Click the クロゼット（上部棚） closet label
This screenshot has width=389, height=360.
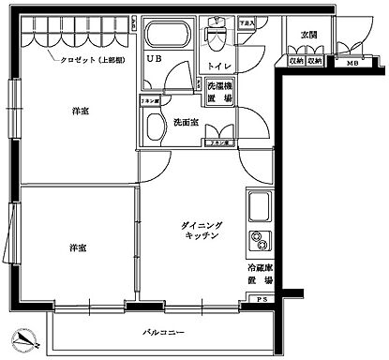coord(82,59)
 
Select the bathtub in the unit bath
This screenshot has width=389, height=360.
coord(168,38)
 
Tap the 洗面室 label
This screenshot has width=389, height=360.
coord(185,122)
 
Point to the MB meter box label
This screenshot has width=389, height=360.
coord(352,63)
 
